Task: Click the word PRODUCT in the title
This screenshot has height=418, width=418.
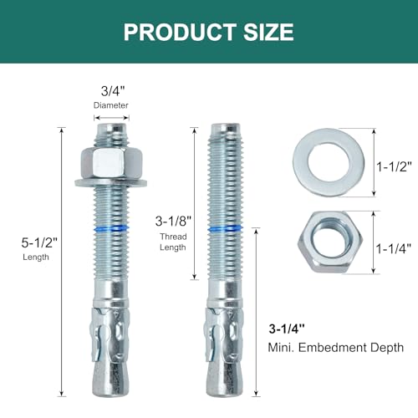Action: coord(180,32)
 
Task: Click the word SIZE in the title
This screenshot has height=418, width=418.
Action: coord(268,32)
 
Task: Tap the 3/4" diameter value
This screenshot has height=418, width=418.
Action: coord(113,91)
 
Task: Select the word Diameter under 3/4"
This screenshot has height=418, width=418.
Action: coord(111,105)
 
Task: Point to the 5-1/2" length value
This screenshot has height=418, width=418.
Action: coord(39,242)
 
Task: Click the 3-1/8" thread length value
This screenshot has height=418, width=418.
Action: coord(173,222)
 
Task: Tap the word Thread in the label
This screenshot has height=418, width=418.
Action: coord(173,237)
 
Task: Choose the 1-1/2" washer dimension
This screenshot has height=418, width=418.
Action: coord(394,167)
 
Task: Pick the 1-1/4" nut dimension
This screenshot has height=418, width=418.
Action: coord(394,248)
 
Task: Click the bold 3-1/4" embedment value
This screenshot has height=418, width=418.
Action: coord(287,329)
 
